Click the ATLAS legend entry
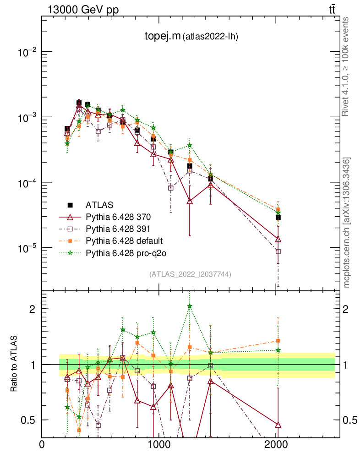[100, 204]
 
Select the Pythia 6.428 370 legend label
[119, 216]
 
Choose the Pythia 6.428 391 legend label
[119, 228]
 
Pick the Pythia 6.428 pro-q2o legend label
[125, 252]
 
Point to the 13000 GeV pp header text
[82, 9]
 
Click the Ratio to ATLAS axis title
[14, 364]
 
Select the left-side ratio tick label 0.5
[28, 420]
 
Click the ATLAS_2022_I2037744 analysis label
[190, 274]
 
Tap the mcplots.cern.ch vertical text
[347, 222]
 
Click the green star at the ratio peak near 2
[190, 306]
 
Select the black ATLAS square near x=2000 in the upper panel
[278, 218]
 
